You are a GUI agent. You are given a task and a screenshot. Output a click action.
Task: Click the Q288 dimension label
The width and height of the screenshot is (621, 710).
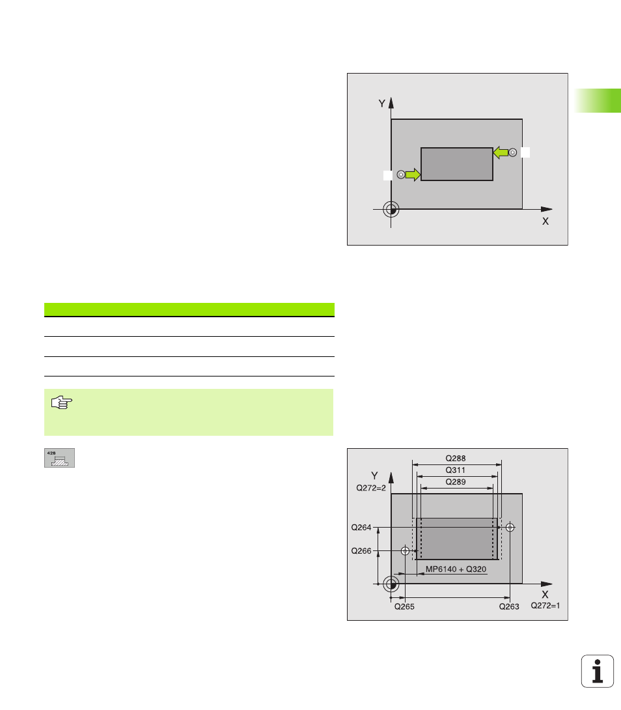456,458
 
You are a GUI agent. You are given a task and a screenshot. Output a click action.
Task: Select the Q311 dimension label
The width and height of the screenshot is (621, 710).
456,470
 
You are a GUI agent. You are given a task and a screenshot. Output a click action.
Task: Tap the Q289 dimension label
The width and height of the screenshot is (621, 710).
456,482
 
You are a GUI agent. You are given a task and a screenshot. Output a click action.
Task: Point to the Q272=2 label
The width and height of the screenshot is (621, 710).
370,488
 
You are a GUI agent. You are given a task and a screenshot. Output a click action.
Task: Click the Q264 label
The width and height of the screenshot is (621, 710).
361,528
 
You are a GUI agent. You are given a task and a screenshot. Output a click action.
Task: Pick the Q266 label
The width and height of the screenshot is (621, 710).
361,551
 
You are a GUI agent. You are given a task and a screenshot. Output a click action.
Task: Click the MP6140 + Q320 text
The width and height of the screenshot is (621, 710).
456,569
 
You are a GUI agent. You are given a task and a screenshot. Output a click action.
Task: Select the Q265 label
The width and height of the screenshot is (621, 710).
404,607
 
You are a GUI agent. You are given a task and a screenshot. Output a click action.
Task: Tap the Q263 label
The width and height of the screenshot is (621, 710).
509,607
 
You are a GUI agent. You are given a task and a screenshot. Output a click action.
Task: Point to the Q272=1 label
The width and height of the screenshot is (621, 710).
545,606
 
